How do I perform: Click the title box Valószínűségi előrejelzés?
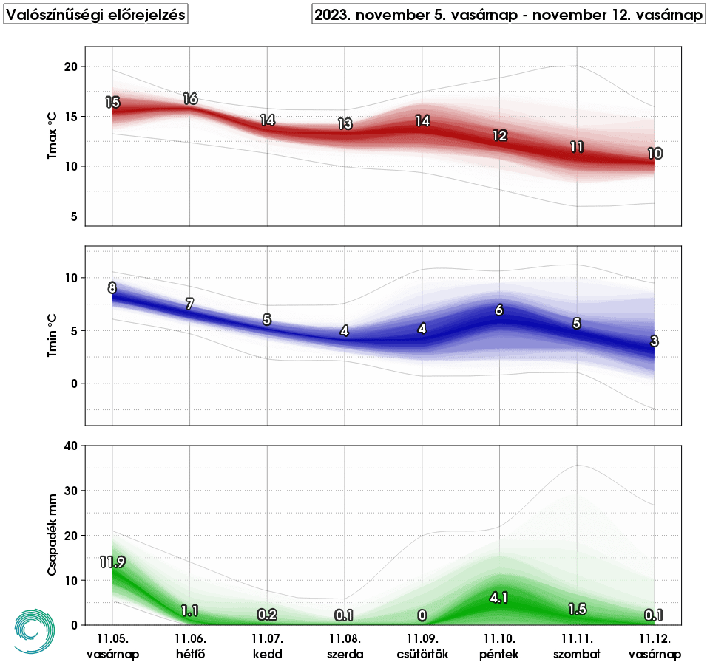[x=96, y=16]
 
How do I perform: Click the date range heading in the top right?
[x=508, y=16]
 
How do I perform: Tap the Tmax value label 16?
[x=190, y=99]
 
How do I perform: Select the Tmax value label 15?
[x=112, y=103]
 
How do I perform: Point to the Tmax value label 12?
[x=499, y=136]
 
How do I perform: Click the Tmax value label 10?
[x=655, y=154]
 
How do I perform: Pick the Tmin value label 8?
[x=112, y=288]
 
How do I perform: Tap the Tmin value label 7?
[x=190, y=304]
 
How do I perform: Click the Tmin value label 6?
[x=499, y=310]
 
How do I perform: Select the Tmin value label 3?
[x=655, y=341]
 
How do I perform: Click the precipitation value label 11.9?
[x=112, y=562]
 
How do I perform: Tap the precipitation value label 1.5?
[x=577, y=609]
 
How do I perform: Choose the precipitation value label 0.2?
[x=268, y=615]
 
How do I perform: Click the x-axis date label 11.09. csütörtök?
[x=422, y=646]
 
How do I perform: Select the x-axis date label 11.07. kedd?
[x=268, y=646]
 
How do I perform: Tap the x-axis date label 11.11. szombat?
[x=577, y=646]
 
